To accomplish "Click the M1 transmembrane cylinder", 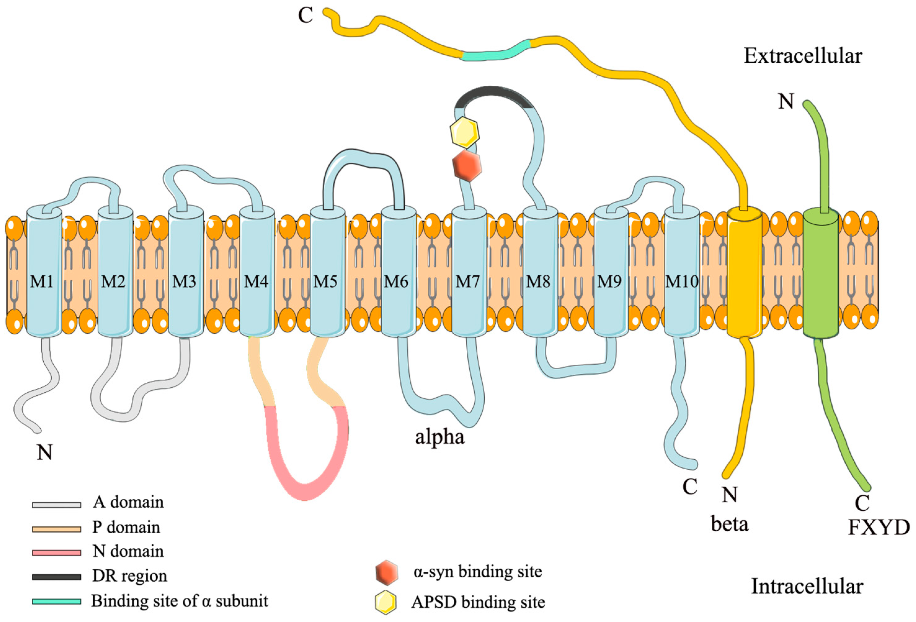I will point(44,272).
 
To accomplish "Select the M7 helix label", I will point(468,282).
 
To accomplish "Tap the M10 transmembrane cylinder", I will point(682,272).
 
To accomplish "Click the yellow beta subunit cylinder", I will point(744,272).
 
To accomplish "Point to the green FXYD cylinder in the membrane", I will point(820,272).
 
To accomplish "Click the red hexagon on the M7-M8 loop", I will point(467,166).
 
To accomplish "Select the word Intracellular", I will point(807,587).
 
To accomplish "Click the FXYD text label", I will point(878,528).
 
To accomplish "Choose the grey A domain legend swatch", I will point(56,504).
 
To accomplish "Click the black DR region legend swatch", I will point(56,577).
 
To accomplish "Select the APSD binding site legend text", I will point(478,602).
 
